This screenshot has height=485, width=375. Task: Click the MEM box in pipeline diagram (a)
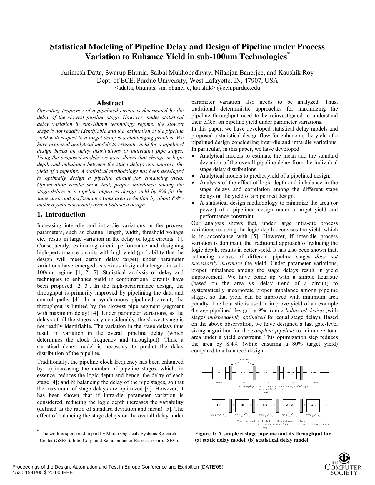click(290, 372)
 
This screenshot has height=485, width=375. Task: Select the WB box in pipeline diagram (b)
click(313, 405)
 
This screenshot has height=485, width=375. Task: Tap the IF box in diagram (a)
click(219, 372)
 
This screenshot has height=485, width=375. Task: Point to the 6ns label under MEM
click(290, 382)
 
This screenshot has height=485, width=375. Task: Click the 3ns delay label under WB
click(315, 382)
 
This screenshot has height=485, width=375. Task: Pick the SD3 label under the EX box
click(261, 415)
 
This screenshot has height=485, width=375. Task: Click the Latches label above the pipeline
click(244, 359)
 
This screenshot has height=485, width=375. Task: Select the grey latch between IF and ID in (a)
click(231, 373)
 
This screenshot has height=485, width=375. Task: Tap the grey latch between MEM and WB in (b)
click(301, 405)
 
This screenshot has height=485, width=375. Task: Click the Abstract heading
click(110, 103)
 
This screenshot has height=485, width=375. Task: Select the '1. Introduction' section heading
click(61, 214)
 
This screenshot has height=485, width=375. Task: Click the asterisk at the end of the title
click(289, 53)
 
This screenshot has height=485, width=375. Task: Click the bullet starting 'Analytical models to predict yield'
click(265, 176)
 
